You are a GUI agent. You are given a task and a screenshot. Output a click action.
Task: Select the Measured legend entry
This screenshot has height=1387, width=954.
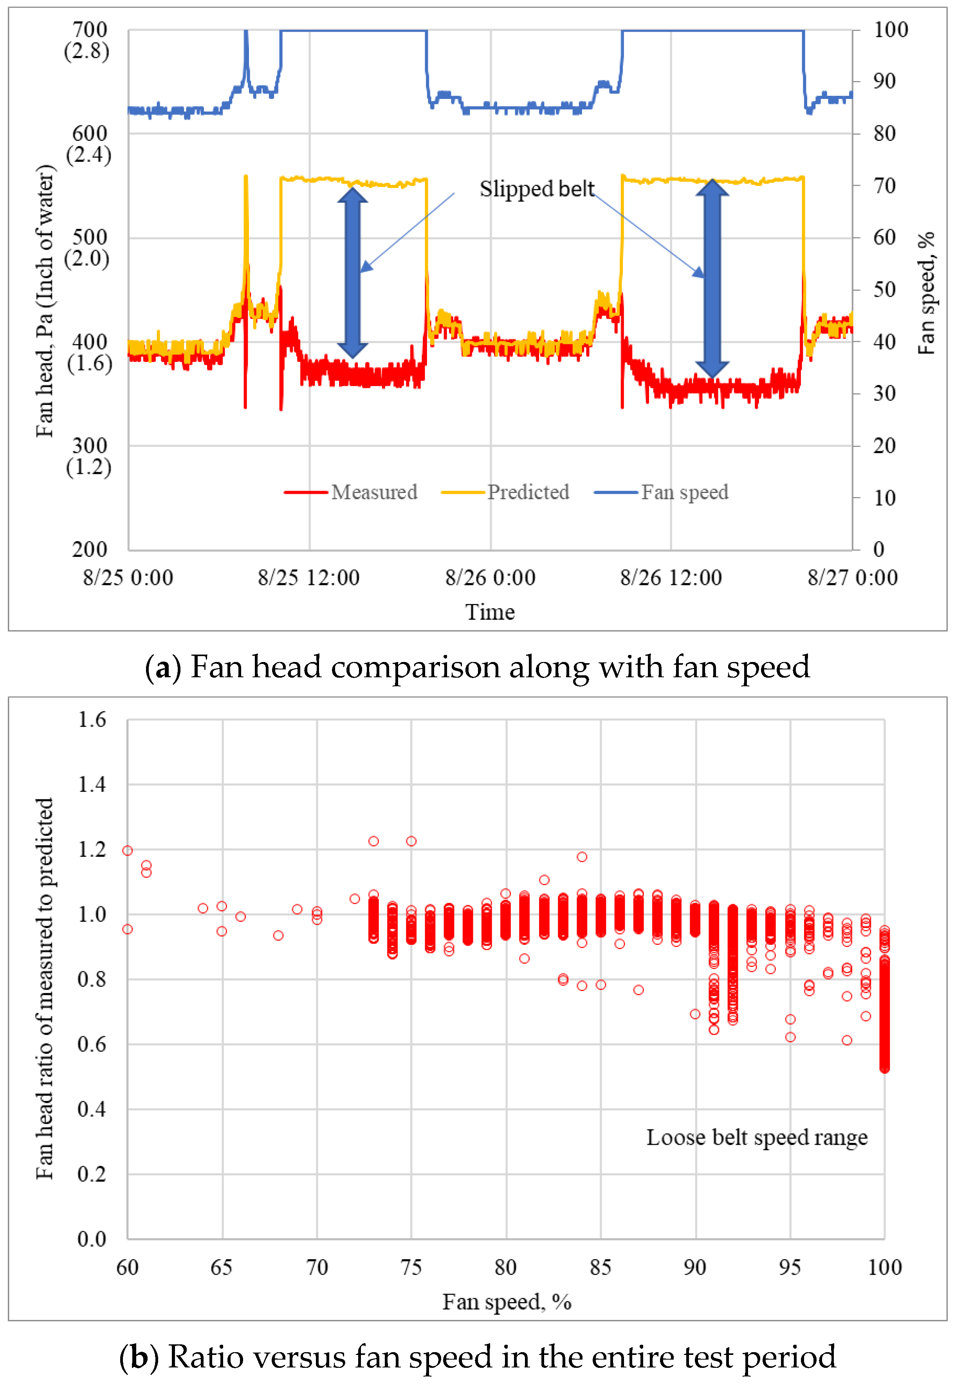coord(350,492)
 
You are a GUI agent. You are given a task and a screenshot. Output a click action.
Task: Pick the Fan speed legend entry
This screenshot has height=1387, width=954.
coord(661,492)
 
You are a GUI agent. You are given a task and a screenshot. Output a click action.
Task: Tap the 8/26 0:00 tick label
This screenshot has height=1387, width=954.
coord(490,577)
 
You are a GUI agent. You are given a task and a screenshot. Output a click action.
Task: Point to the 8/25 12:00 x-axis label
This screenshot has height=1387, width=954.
coord(308,577)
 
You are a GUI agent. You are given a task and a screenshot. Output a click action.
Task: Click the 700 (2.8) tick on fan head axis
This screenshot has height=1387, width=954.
coord(88,40)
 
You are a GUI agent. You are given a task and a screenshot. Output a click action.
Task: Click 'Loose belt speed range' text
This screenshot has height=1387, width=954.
coord(756,1137)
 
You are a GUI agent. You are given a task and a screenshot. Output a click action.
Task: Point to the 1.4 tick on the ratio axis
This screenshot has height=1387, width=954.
coord(92,784)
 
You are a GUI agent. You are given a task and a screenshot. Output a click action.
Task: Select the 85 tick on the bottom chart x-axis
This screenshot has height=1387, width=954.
coord(600,1266)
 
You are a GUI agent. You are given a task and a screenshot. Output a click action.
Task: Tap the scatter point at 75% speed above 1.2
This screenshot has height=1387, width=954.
coord(411,841)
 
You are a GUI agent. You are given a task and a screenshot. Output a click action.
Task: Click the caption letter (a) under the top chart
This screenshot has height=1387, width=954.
coord(162,667)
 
